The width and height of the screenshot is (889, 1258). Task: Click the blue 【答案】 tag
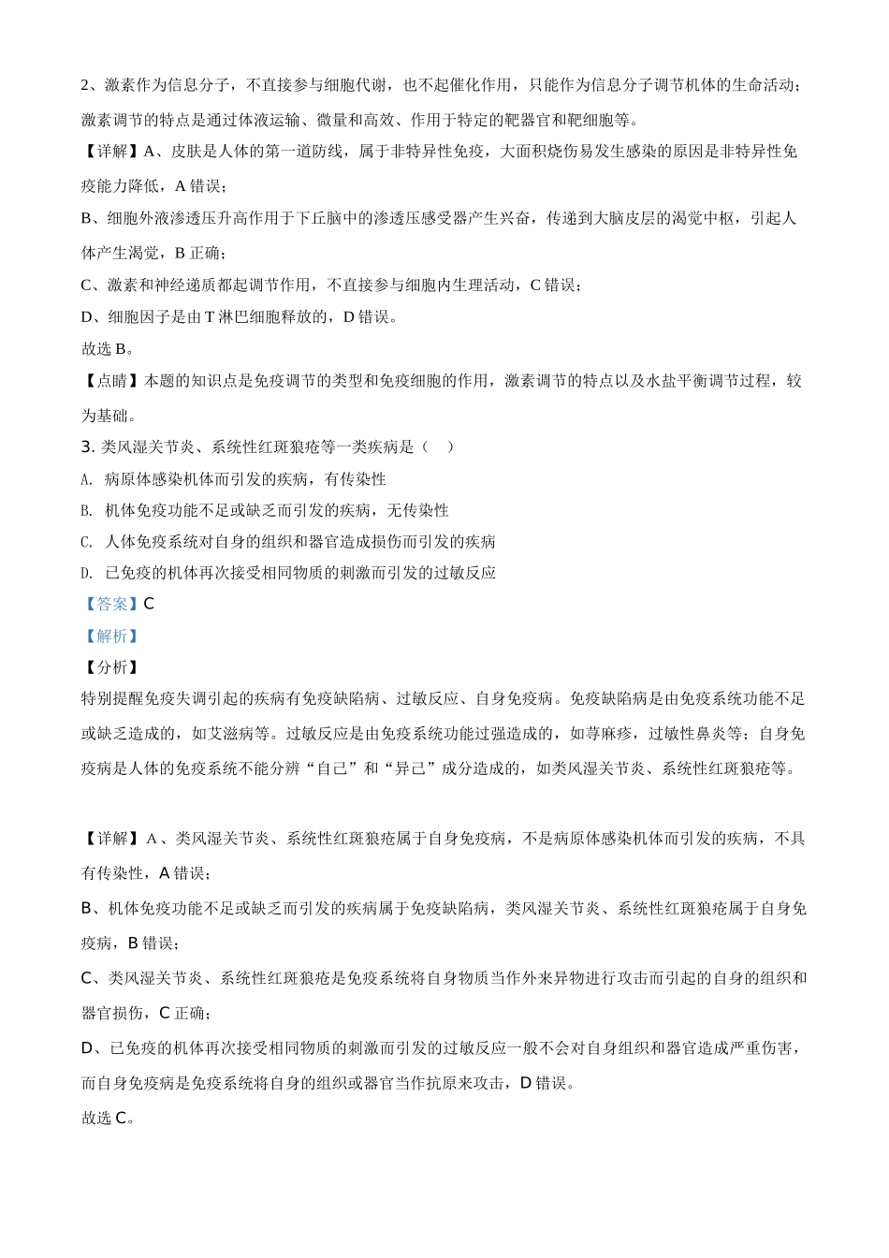pyautogui.click(x=111, y=605)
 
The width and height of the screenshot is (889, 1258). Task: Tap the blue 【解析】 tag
pyautogui.click(x=111, y=636)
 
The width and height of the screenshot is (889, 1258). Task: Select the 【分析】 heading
pyautogui.click(x=111, y=667)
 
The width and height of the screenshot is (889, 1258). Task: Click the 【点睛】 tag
pyautogui.click(x=111, y=381)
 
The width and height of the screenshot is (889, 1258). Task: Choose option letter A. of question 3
pyautogui.click(x=87, y=479)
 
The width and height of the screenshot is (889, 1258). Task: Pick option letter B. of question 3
pyautogui.click(x=87, y=510)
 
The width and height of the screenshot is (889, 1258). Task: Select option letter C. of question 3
pyautogui.click(x=87, y=542)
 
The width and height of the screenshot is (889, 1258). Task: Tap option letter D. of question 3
pyautogui.click(x=87, y=573)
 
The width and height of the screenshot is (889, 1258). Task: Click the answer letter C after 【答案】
pyautogui.click(x=149, y=605)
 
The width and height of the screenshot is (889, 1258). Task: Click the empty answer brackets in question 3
pyautogui.click(x=437, y=447)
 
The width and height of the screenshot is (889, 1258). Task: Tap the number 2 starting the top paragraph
pyautogui.click(x=86, y=85)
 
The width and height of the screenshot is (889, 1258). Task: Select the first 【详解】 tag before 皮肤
pyautogui.click(x=111, y=152)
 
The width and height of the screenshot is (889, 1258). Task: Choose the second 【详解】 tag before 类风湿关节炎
pyautogui.click(x=111, y=839)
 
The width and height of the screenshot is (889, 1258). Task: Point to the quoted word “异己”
pyautogui.click(x=411, y=768)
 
